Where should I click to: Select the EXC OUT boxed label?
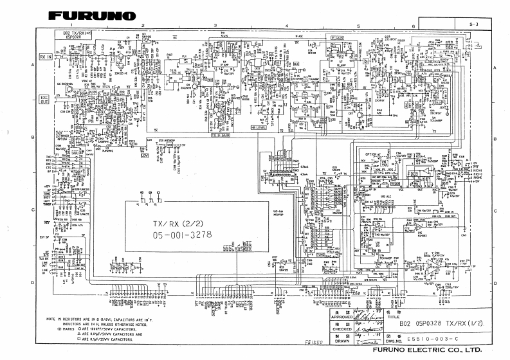pos(44,100)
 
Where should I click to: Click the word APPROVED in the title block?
pos(342,318)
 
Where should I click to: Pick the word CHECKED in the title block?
pos(342,328)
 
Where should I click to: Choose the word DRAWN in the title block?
pos(342,339)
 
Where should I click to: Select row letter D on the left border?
pos(32,283)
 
